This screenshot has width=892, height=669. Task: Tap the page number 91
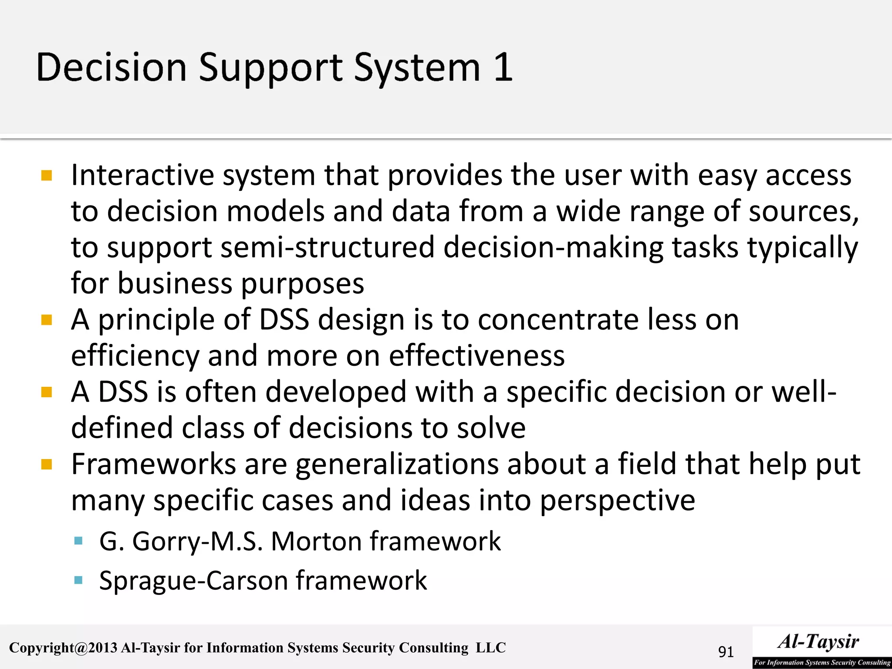[x=726, y=652]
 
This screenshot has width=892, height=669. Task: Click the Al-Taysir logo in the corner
[x=821, y=647]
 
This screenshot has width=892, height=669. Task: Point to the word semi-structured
[x=328, y=247]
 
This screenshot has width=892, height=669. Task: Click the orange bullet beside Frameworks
[x=47, y=464]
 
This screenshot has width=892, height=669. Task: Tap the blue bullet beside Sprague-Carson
[x=78, y=580]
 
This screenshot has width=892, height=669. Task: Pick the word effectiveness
[x=476, y=355]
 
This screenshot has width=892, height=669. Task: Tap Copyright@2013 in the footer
[x=63, y=648]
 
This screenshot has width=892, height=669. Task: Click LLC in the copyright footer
[x=490, y=648]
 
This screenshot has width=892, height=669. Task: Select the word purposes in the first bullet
[x=302, y=284]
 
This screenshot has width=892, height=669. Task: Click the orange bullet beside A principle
[x=47, y=321]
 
